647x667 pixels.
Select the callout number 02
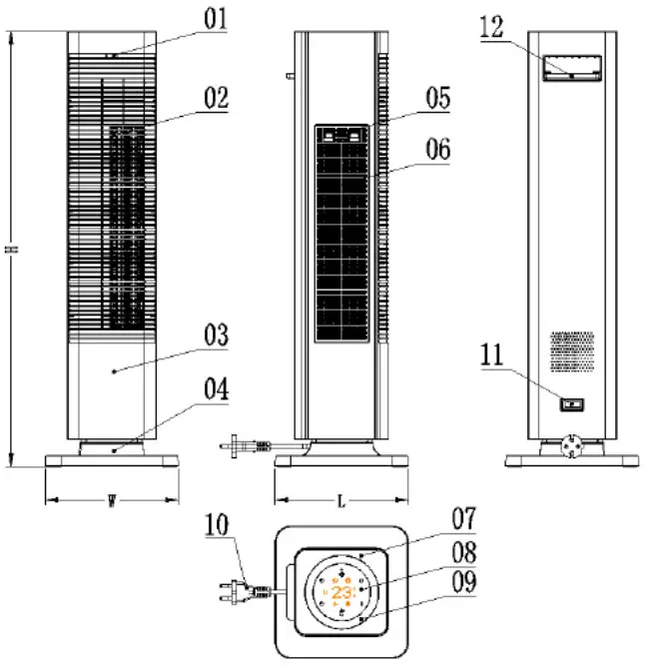(x=216, y=99)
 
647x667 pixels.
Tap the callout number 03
(x=217, y=335)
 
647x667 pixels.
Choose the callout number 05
(x=437, y=98)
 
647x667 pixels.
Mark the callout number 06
(x=437, y=150)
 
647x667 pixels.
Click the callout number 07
(x=463, y=519)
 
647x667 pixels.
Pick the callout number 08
(x=463, y=552)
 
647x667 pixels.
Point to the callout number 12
(x=491, y=27)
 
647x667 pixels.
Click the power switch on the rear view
(x=571, y=405)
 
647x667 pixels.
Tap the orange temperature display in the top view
(x=342, y=592)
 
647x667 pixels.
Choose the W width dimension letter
(x=111, y=501)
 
